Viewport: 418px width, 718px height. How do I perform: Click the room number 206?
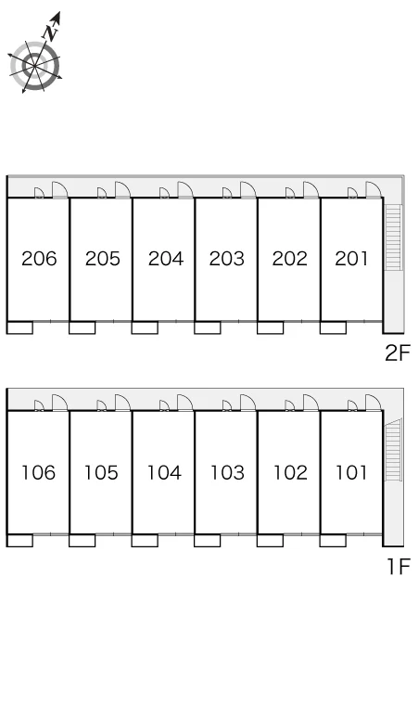tap(39, 259)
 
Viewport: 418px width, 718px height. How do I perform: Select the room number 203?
tap(227, 259)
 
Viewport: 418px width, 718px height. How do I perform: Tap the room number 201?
tap(351, 259)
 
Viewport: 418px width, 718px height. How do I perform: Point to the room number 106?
tap(38, 472)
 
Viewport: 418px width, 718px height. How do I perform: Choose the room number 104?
tap(164, 472)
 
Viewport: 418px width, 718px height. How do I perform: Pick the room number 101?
tap(351, 472)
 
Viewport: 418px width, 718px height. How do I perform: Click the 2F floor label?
tap(398, 353)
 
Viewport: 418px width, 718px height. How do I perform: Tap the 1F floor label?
tap(399, 567)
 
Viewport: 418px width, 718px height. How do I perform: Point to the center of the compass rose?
tap(35, 67)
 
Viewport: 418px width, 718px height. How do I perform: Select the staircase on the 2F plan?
tap(393, 237)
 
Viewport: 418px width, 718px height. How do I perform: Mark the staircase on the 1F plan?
tap(393, 450)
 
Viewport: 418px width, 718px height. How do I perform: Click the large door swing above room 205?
tap(122, 189)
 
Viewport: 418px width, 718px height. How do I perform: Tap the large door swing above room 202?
tap(310, 189)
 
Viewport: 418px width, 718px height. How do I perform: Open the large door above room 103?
tap(247, 402)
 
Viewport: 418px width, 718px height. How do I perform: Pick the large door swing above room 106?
tap(60, 402)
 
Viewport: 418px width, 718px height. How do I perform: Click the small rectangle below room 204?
tap(145, 327)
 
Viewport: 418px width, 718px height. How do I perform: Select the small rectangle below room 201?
tap(333, 327)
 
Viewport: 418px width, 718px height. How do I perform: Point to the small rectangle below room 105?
tap(82, 540)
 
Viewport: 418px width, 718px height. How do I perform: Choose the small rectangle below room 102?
tap(270, 540)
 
